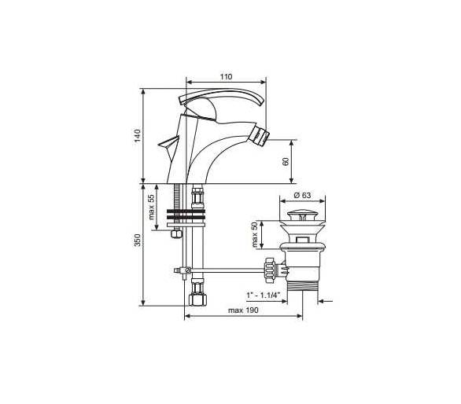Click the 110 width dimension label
point(226,77)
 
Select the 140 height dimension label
point(138,136)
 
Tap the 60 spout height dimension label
point(286,162)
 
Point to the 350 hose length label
point(138,240)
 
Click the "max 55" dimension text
point(151,207)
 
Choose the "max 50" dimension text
point(255,234)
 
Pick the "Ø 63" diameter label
point(302,195)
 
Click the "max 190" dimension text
point(243,310)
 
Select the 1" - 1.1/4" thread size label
point(264,295)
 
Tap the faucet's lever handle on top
point(221,97)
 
